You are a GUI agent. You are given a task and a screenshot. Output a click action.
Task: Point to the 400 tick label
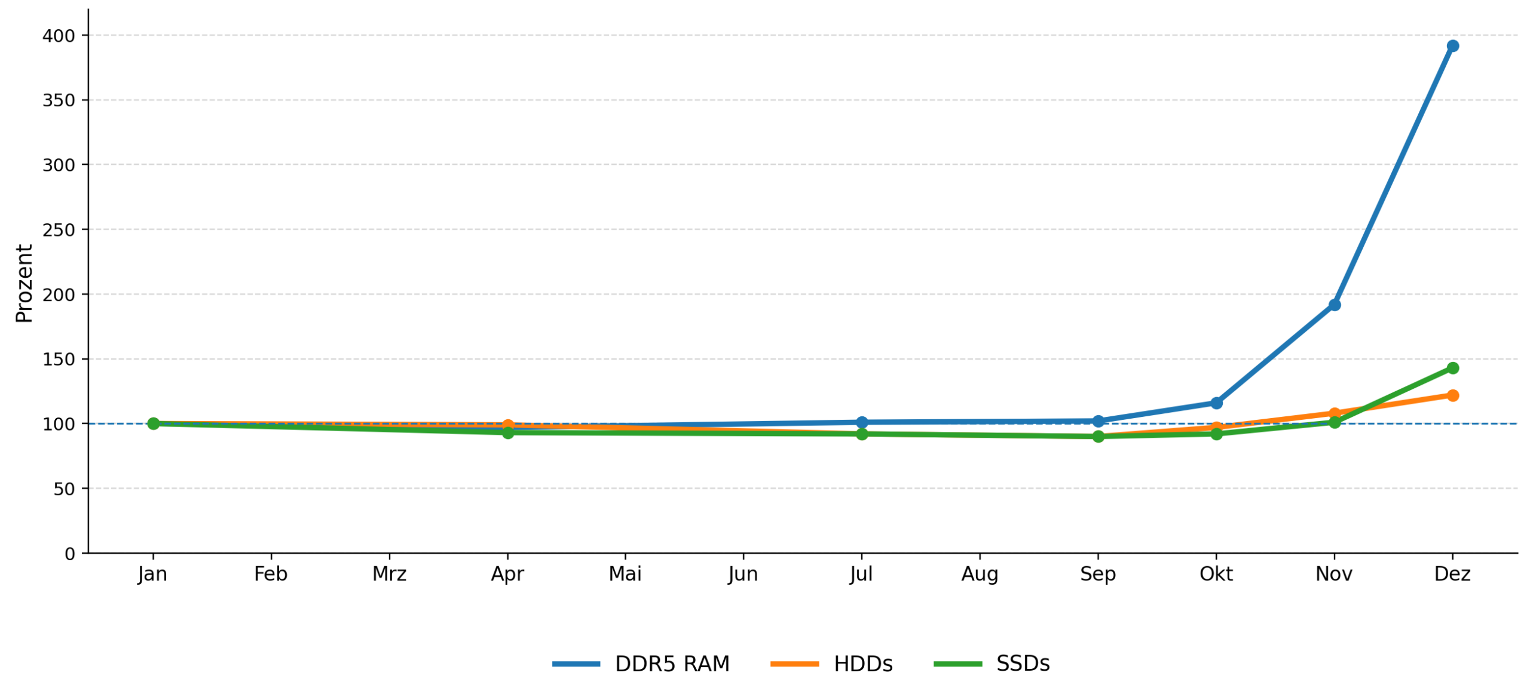(58, 36)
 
